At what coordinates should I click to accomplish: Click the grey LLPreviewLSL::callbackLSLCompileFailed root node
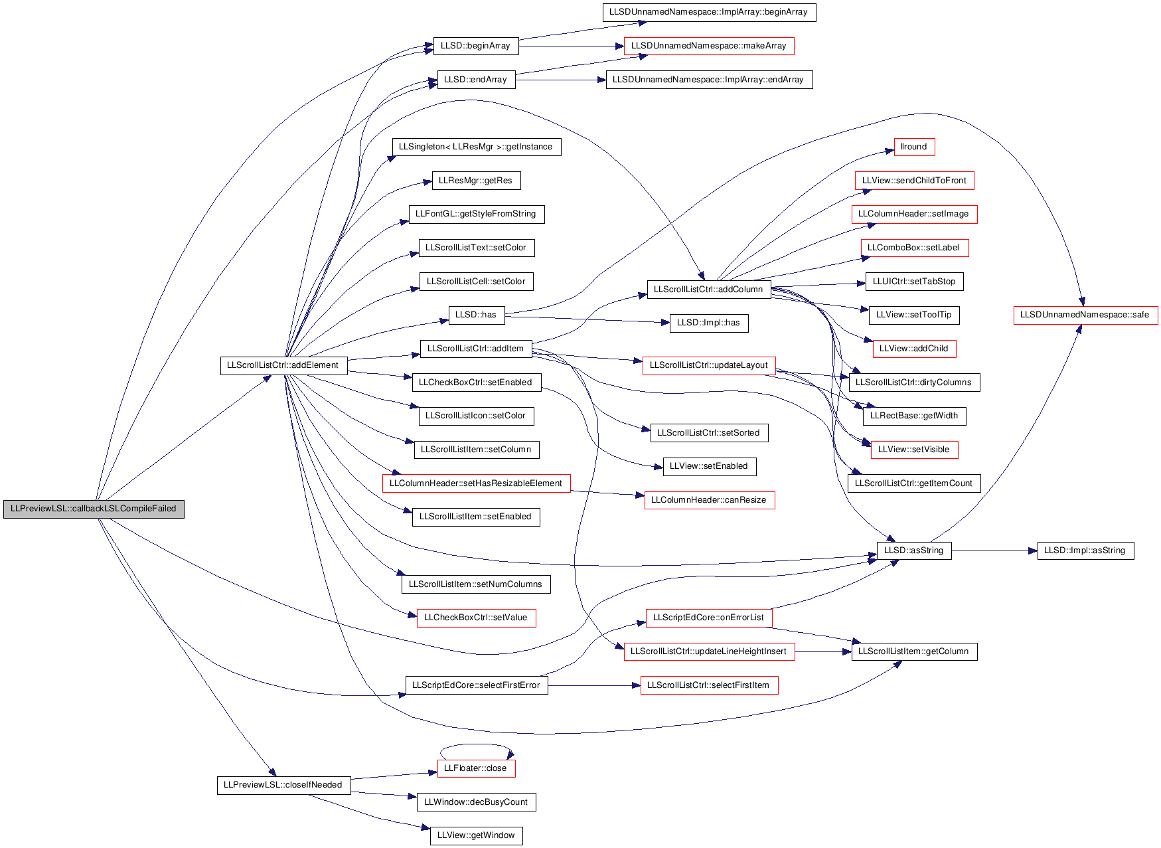click(x=94, y=509)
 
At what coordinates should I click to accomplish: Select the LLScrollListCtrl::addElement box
click(x=283, y=365)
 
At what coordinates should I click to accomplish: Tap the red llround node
click(x=914, y=147)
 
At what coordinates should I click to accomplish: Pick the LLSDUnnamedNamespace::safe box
click(x=1085, y=315)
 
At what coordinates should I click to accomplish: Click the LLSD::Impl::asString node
click(x=1085, y=551)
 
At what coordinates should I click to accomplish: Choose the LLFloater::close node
click(x=476, y=768)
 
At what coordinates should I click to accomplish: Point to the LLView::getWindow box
click(x=476, y=835)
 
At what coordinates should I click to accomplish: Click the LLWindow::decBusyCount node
click(x=476, y=802)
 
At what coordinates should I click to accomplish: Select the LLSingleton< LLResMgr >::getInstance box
click(x=476, y=147)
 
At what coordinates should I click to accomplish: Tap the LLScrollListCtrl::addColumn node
click(x=708, y=290)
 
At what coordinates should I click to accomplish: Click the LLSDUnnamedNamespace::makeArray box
click(x=708, y=46)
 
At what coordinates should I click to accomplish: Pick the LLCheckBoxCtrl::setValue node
click(x=476, y=618)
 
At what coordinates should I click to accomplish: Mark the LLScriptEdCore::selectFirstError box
click(x=476, y=685)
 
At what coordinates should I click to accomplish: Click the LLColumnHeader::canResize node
click(x=708, y=500)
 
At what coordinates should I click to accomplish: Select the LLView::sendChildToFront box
click(x=914, y=181)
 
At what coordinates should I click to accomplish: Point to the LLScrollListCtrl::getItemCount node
click(x=914, y=483)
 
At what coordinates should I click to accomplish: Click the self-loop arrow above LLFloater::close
click(x=476, y=744)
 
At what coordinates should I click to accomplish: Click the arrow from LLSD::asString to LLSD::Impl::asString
click(x=994, y=551)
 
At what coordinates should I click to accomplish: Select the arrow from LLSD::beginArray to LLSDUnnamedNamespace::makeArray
click(x=571, y=46)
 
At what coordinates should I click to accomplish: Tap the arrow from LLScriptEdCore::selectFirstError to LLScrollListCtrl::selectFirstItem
click(x=594, y=685)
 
